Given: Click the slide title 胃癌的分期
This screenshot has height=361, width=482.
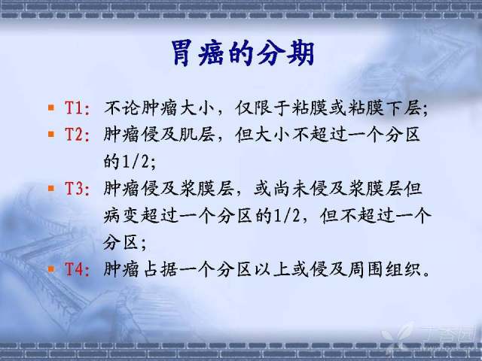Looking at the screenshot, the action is [243, 53].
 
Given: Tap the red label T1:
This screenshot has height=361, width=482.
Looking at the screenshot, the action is [78, 108].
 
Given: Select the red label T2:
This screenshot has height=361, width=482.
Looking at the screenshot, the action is [78, 135].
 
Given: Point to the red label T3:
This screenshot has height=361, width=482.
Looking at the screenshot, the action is [78, 189].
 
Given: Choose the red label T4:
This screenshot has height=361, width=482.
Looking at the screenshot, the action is [78, 269].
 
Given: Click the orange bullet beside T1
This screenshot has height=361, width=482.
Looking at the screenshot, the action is [51, 108].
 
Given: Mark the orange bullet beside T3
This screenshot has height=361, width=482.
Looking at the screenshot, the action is [51, 188].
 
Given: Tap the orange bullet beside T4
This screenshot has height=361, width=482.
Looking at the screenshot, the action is [51, 269].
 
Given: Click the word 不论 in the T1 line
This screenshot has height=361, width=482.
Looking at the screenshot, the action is [122, 108].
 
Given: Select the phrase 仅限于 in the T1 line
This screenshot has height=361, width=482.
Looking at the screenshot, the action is [263, 108].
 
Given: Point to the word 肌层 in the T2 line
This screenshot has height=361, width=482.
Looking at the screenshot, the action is [197, 135].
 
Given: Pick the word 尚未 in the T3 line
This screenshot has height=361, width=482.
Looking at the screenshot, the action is [291, 189].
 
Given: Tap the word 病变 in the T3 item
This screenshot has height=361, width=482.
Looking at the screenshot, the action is [122, 216].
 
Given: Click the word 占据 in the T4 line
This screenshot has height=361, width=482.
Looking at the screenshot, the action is [160, 269].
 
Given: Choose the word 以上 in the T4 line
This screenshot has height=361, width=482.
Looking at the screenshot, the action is [272, 269].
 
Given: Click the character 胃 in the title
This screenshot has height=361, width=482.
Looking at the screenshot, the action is [182, 53].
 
